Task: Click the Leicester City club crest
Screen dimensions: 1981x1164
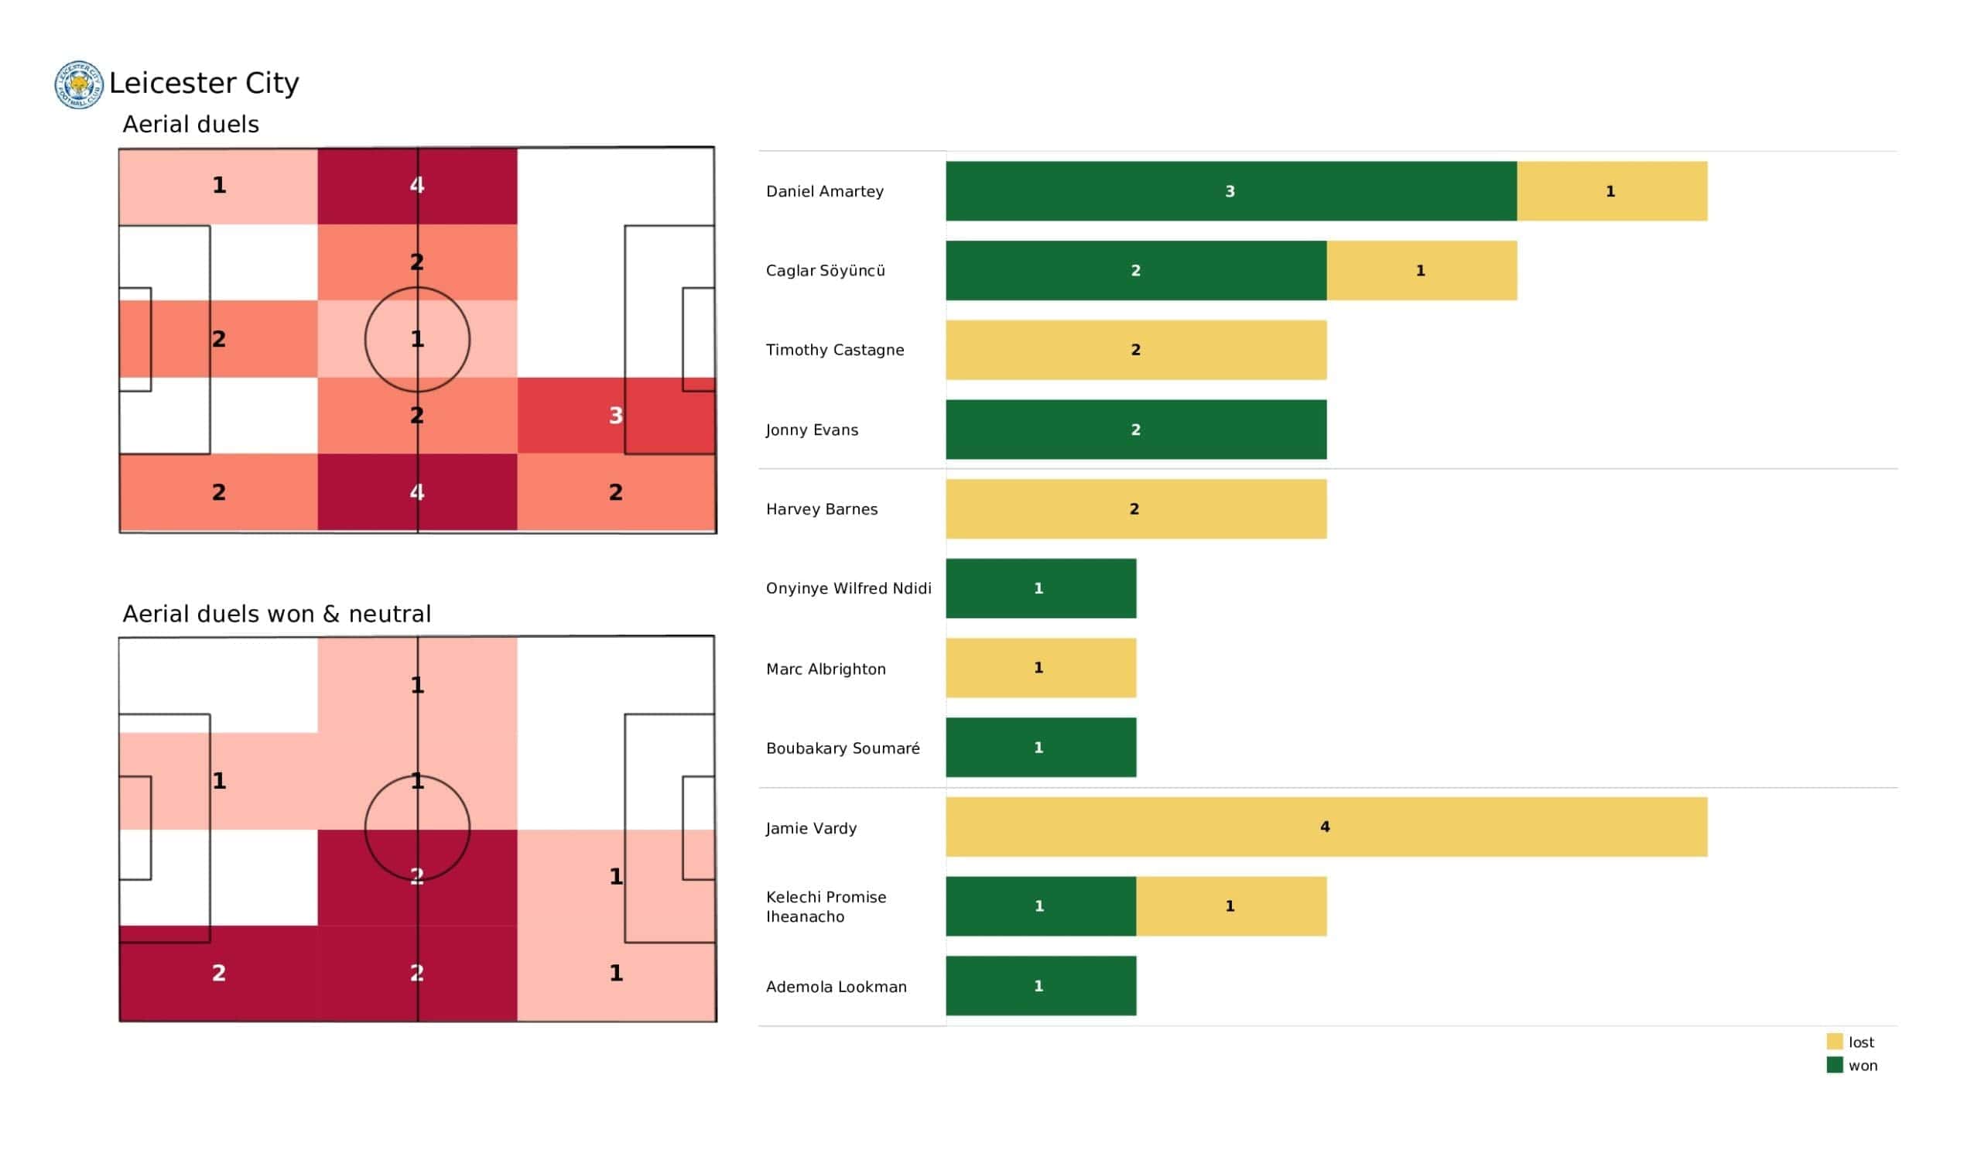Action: (79, 84)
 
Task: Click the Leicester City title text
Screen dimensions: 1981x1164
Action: (204, 83)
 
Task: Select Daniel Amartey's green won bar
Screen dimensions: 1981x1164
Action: (1231, 191)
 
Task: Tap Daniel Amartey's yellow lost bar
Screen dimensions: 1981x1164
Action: (1613, 191)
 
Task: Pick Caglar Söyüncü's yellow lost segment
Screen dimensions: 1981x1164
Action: (1422, 271)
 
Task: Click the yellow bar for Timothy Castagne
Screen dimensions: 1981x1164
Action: (1136, 350)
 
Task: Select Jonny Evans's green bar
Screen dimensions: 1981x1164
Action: (1136, 430)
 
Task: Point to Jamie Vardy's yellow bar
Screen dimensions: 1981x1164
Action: (1326, 827)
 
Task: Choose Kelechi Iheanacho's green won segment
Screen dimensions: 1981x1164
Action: (1041, 906)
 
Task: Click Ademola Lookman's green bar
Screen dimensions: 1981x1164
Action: (1041, 985)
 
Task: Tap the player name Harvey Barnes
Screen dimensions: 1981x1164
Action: (822, 508)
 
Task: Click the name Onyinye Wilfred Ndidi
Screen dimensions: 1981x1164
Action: (848, 588)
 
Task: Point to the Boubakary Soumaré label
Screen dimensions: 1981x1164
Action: (843, 748)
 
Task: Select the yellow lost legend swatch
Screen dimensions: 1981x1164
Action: (1835, 1041)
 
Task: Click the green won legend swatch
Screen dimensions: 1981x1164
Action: (1835, 1065)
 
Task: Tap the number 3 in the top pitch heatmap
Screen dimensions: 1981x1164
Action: (615, 416)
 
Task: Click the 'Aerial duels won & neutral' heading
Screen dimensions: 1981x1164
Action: (277, 614)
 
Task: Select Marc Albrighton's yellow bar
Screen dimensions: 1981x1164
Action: (1041, 668)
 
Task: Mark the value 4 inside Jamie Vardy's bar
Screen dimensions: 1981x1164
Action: (1326, 827)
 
